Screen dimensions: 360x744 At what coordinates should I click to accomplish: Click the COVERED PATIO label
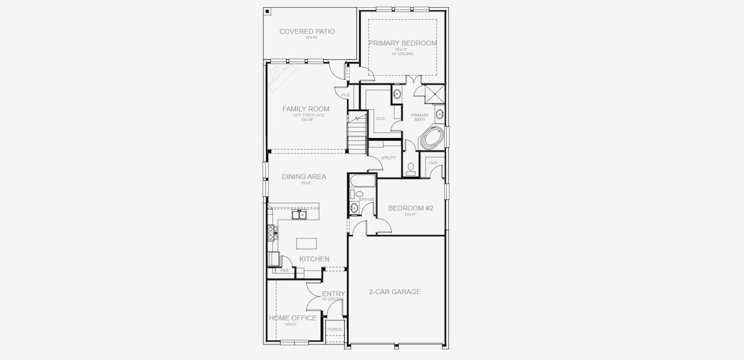(307, 32)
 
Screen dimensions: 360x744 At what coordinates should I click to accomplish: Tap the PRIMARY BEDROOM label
(402, 43)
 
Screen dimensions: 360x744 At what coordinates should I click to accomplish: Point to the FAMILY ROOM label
(306, 109)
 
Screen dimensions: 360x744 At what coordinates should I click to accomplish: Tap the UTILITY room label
(389, 158)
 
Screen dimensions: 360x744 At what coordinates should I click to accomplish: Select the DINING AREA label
(304, 176)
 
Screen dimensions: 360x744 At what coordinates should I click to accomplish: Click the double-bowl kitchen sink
(299, 214)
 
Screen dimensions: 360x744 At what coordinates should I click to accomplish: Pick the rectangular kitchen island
(306, 243)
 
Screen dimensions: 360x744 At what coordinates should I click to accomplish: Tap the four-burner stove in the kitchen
(272, 232)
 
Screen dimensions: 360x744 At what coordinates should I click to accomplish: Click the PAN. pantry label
(284, 271)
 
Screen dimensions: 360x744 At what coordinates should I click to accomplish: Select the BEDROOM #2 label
(410, 208)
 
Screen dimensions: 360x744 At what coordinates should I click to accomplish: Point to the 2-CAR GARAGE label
(394, 292)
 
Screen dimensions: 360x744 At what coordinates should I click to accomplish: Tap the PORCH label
(334, 329)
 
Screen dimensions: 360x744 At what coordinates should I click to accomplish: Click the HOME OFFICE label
(292, 318)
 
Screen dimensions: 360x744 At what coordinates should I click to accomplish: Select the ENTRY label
(333, 293)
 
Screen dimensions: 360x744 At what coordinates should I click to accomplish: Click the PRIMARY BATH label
(419, 117)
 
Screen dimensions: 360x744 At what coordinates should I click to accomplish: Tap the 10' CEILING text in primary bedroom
(402, 54)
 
